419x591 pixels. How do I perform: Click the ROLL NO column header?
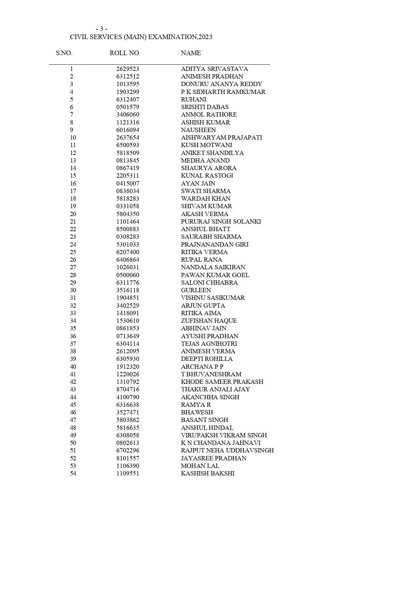point(124,53)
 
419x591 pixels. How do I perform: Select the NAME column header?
point(191,53)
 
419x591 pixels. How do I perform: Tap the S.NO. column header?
point(64,53)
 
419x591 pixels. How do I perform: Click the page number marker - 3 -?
point(102,29)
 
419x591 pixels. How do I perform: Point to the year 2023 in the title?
point(205,37)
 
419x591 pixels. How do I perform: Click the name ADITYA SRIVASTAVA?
point(214,69)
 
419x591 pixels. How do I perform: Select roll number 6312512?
point(128,77)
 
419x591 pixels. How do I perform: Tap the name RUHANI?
point(194,99)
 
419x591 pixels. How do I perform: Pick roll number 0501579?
point(128,107)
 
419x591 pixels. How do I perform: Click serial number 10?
point(73,138)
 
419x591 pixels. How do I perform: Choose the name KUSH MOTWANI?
point(206,145)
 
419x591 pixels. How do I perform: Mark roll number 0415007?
point(128,184)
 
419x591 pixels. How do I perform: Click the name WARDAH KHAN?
point(205,199)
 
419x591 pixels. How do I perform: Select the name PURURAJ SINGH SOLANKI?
point(221,222)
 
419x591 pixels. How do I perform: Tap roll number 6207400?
point(128,252)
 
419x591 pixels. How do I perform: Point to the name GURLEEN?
point(196,290)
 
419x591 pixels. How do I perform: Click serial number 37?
point(73,344)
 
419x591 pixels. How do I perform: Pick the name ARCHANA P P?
point(202,367)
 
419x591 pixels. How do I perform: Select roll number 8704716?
point(128,389)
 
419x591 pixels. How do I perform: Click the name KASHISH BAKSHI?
point(208,473)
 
